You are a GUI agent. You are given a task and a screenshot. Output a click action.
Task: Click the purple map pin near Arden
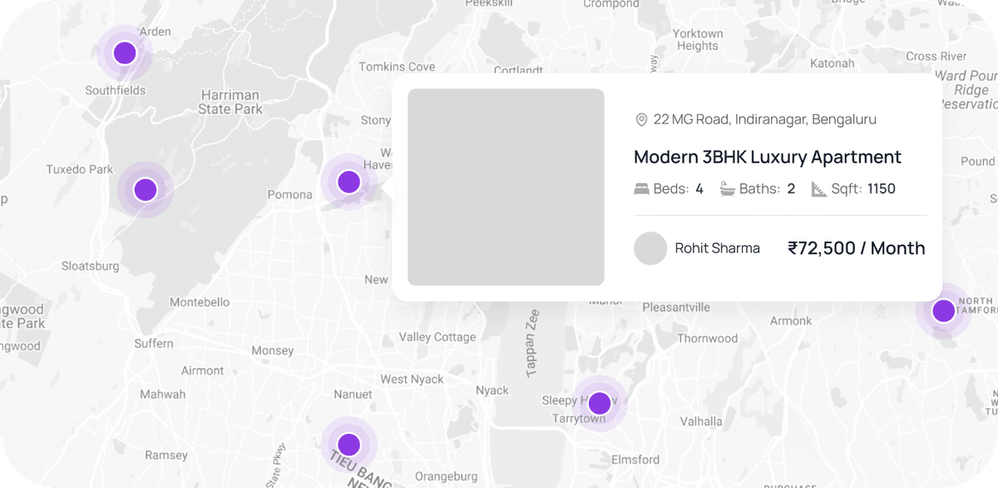125,53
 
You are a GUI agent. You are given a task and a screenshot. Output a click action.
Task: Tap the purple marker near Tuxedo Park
146,190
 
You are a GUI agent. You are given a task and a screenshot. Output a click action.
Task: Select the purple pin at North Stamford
943,311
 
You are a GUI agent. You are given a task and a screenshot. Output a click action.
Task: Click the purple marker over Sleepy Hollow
599,403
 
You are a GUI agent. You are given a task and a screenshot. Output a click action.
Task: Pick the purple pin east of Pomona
348,182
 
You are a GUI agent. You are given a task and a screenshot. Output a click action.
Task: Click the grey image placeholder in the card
506,187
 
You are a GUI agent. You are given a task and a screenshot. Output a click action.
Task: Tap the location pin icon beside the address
641,120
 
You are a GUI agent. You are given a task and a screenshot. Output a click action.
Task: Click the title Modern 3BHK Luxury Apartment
767,157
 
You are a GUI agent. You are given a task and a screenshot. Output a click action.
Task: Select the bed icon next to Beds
641,189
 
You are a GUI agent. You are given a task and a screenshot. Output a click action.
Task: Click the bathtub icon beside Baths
728,189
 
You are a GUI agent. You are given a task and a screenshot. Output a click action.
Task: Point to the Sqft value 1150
881,189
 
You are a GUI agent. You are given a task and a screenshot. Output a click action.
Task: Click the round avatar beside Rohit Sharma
650,248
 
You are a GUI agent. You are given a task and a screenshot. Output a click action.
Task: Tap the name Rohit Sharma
717,248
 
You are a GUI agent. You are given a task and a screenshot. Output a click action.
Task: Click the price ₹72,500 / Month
856,248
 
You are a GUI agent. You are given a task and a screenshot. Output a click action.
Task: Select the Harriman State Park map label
230,102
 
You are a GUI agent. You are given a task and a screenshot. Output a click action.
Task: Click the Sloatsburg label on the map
91,266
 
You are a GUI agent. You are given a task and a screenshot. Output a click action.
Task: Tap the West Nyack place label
412,379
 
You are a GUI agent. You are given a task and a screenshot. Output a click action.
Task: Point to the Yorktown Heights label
697,39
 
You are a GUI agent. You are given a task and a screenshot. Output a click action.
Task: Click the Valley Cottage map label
437,337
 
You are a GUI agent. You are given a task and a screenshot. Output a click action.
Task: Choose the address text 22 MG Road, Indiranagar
764,120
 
